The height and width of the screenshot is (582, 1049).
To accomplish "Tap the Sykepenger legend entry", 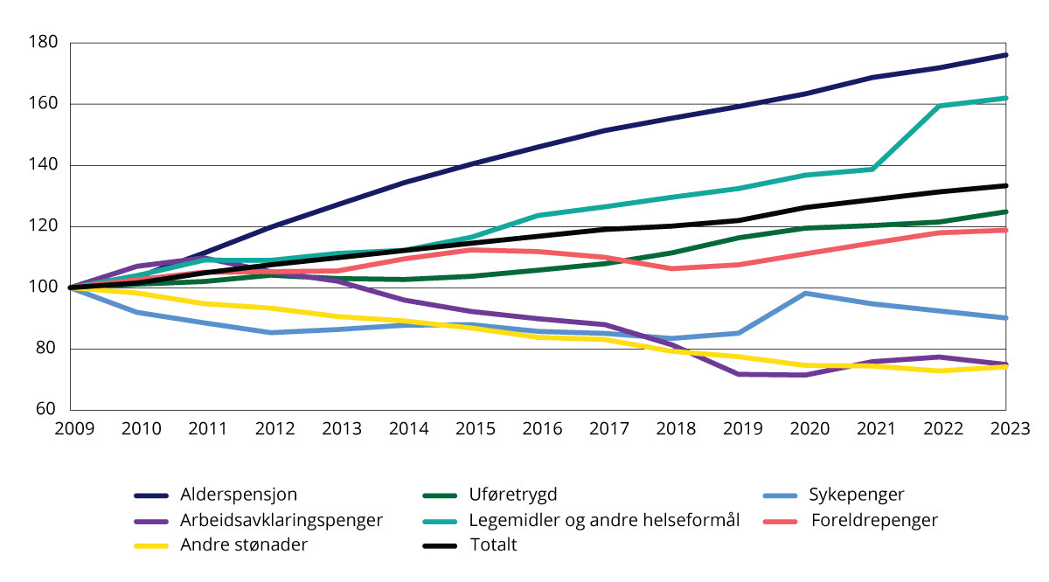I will pos(857,495).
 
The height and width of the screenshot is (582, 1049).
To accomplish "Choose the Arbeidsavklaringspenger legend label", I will pos(281,520).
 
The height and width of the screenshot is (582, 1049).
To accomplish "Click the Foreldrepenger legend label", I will pos(874,520).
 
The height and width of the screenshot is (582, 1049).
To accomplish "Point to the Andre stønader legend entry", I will pos(244,545).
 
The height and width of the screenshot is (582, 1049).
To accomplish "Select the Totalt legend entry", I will pos(493,545).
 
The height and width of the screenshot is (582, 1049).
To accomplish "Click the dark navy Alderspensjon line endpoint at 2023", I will pos(1006,55).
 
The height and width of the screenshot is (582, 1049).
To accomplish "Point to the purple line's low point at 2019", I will pos(740,374).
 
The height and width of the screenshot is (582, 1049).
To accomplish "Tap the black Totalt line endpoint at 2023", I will pos(1006,185).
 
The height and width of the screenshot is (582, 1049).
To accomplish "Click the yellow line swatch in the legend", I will pos(154,545).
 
